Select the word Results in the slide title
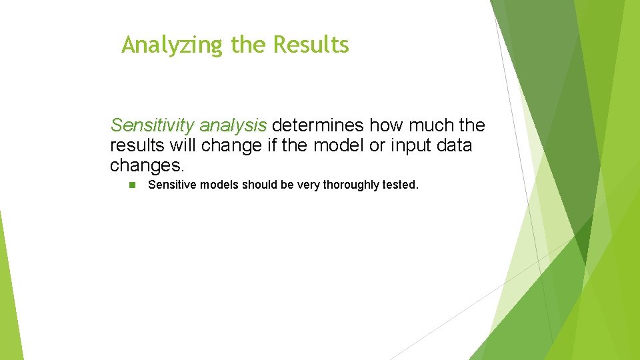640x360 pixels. (x=311, y=45)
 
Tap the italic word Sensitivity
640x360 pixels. (x=152, y=125)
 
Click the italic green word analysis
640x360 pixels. (x=233, y=125)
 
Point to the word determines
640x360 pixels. (x=319, y=125)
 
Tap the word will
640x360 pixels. (x=182, y=145)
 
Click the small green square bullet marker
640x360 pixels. (x=132, y=185)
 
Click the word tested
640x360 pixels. (x=400, y=185)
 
